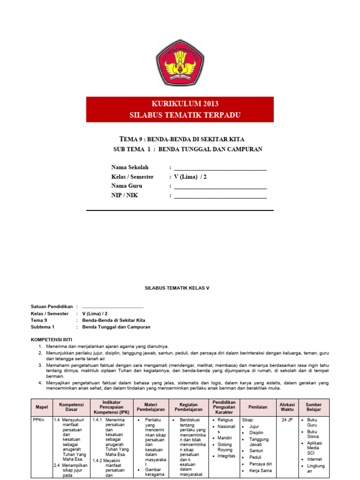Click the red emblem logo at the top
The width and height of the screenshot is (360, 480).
pyautogui.click(x=180, y=63)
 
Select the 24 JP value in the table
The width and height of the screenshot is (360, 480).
pyautogui.click(x=287, y=420)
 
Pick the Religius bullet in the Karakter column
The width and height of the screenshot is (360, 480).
pyautogui.click(x=225, y=420)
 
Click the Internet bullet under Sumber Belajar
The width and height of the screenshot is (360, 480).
pyautogui.click(x=315, y=459)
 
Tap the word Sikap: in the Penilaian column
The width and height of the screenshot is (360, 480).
pyautogui.click(x=248, y=420)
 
